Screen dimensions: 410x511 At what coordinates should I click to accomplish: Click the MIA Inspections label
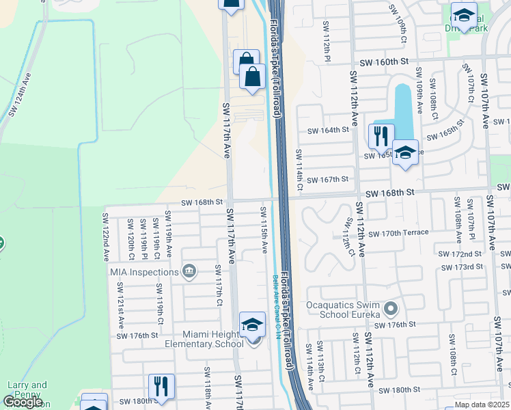(144, 272)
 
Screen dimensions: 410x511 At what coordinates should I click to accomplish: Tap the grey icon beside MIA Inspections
(189, 272)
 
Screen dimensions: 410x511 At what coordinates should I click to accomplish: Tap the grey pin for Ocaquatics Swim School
(391, 310)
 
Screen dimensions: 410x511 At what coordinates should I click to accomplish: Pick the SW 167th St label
(328, 180)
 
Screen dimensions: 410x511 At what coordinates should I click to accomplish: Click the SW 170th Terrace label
(398, 233)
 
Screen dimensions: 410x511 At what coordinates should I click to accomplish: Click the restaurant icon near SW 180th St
(161, 386)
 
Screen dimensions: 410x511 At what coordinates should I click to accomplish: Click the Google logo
(23, 402)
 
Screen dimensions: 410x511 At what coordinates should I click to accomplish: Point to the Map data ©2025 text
(482, 405)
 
